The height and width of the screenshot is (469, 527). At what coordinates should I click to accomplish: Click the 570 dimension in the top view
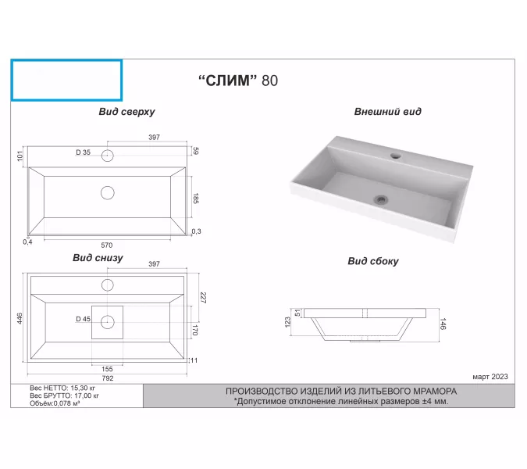tap(107, 245)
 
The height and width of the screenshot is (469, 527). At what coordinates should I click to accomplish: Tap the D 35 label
tap(83, 152)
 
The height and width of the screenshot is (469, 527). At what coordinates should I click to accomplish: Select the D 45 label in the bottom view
tap(83, 319)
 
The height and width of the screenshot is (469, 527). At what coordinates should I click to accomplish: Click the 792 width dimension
tap(108, 378)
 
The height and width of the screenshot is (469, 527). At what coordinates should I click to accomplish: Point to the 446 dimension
tap(20, 318)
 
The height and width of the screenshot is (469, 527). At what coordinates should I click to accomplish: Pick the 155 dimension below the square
tap(107, 369)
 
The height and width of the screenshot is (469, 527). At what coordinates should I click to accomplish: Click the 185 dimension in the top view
tap(196, 199)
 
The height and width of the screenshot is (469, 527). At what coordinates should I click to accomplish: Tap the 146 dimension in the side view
tap(443, 324)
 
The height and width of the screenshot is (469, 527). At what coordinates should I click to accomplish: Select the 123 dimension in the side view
tap(287, 322)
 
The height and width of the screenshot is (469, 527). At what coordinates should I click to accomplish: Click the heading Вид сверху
tap(126, 112)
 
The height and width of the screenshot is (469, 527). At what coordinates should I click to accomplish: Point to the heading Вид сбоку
tap(373, 261)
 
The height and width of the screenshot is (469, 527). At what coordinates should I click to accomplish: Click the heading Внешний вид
tap(387, 111)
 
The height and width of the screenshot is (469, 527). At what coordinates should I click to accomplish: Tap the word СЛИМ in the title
tap(228, 81)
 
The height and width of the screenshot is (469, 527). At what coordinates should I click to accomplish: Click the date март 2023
tap(490, 377)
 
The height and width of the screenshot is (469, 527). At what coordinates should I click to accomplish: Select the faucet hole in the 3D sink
tap(396, 156)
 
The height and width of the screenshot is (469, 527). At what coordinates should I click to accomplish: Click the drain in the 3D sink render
tap(381, 199)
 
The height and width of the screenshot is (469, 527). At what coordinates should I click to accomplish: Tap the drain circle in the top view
tap(108, 193)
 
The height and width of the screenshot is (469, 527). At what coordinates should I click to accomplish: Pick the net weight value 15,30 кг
tap(83, 388)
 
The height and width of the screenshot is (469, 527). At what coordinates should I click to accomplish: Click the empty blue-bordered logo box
tap(66, 81)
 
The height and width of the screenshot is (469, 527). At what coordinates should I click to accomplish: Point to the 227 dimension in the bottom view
tap(203, 298)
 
